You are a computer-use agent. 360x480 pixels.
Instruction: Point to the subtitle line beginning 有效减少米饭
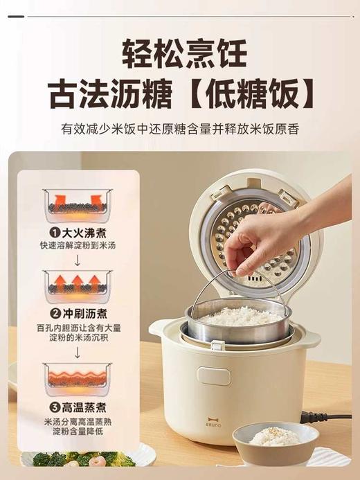tap(180, 130)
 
